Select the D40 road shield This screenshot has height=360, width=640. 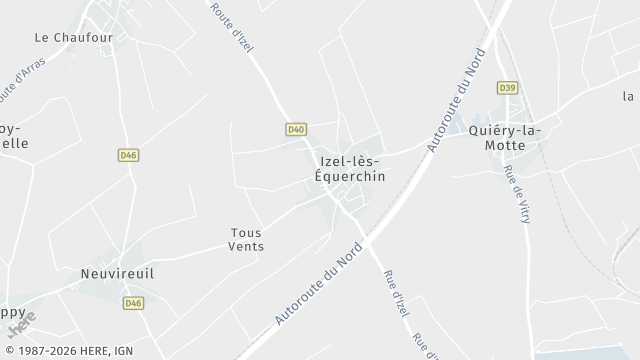(x=295, y=129)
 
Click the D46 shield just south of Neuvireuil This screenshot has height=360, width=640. (x=133, y=301)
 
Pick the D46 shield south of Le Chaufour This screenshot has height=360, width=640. (x=127, y=155)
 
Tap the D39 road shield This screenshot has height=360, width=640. (x=507, y=89)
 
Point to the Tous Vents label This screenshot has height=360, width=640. (x=246, y=238)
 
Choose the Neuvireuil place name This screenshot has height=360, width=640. (x=117, y=272)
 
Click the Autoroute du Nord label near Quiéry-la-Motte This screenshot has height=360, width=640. (x=452, y=101)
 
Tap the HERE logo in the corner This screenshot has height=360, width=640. (x=21, y=318)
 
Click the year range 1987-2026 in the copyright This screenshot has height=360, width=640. (x=60, y=351)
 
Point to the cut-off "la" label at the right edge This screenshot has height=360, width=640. (x=629, y=96)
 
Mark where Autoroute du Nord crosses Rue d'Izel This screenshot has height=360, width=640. (x=367, y=239)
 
